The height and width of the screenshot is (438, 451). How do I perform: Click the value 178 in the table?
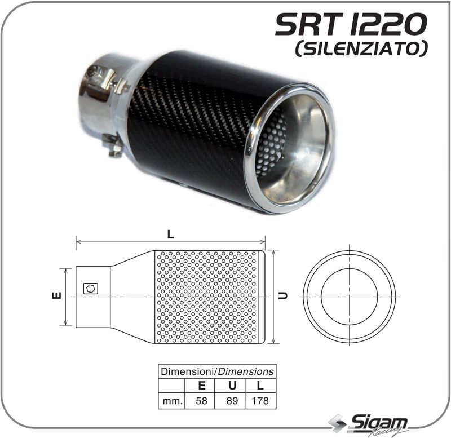260,401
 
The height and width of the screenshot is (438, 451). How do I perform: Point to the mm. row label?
171,401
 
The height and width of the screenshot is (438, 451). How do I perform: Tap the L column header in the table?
260,386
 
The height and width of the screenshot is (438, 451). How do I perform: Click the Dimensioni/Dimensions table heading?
217,371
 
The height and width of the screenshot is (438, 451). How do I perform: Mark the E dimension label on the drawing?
56,295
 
